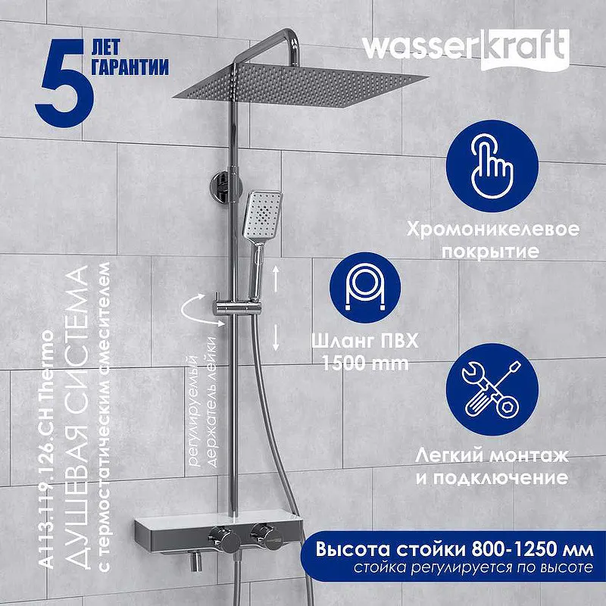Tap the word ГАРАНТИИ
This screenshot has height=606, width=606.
click(130, 67)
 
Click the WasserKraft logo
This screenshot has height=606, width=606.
click(466, 49)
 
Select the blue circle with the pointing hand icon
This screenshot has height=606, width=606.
click(492, 166)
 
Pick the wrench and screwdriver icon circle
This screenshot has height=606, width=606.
click(492, 389)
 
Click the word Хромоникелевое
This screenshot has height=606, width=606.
click(493, 230)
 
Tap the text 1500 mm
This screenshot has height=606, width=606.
click(365, 364)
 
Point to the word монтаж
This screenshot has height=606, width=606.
click(529, 457)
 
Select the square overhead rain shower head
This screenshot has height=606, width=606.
click(300, 85)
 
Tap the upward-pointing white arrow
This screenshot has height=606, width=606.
click(276, 278)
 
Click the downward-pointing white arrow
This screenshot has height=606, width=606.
click(276, 337)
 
